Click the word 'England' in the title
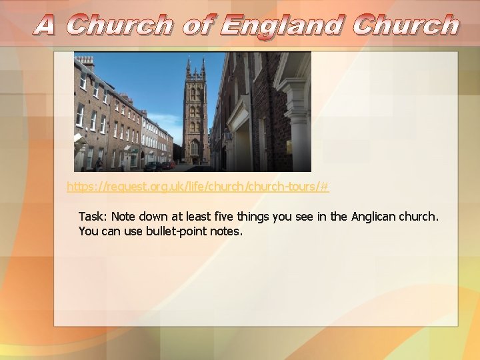283,25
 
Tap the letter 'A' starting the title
45,25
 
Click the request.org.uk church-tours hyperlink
197,187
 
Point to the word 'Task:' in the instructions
93,217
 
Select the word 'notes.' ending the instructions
226,232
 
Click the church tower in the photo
195,113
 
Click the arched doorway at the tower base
195,150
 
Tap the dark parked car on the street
153,165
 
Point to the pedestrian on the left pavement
99,164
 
